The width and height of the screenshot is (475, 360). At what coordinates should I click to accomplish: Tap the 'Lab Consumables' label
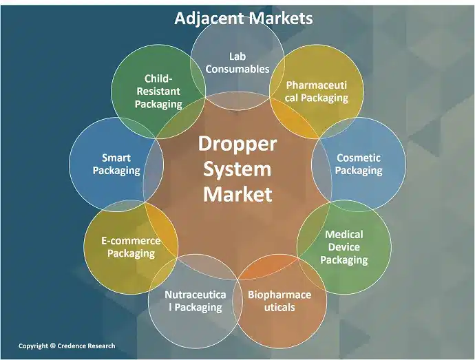point(237,62)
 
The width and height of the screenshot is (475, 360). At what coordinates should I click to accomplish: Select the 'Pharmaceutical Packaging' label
point(317,92)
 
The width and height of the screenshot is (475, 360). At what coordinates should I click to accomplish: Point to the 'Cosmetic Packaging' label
point(358,164)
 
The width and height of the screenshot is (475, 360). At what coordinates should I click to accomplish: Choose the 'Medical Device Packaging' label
point(344,247)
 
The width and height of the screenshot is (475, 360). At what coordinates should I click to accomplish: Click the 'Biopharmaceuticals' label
point(279,300)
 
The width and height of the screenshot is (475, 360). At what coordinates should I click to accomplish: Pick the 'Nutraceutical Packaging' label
point(195,301)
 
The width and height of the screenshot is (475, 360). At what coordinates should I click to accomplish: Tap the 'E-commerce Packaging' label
point(131,246)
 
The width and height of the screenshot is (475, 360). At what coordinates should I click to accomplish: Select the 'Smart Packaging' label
point(116,164)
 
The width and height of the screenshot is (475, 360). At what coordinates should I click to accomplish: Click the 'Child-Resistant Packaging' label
point(158,92)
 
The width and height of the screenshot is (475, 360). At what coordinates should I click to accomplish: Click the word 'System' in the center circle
point(237,169)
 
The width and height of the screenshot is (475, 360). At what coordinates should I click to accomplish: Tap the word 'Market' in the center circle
point(237,193)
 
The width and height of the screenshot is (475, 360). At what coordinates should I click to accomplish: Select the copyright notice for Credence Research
point(67,346)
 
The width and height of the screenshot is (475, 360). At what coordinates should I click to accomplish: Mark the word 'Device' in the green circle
point(344,247)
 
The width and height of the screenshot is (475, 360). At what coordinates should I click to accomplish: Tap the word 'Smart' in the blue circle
point(116,157)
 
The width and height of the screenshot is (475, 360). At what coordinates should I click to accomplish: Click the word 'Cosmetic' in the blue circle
point(358,158)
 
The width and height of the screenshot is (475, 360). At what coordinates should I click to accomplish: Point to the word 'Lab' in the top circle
point(237,56)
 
